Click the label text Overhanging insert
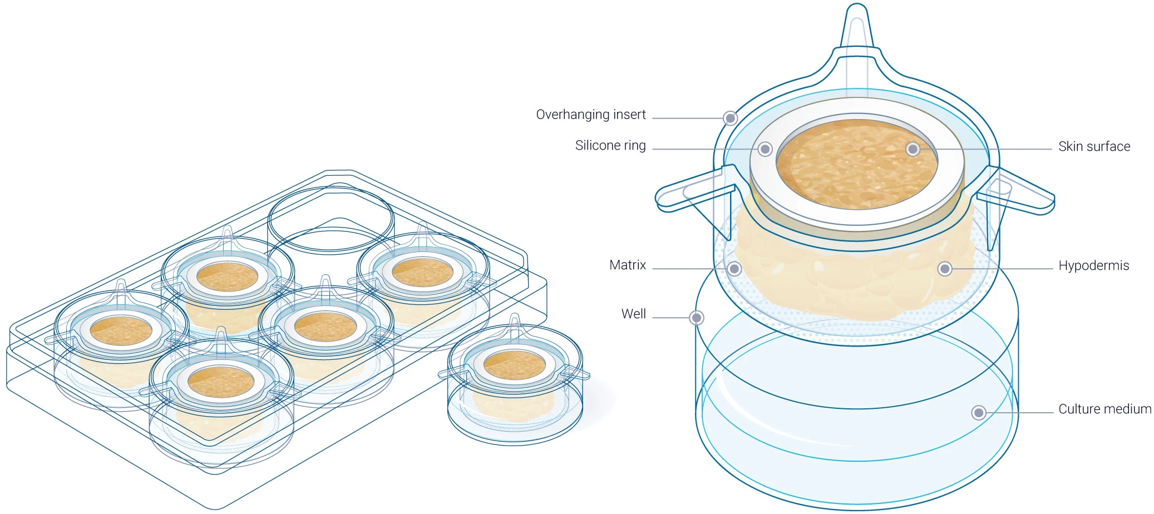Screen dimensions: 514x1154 coord(590,115)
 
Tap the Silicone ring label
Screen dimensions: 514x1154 coord(610,146)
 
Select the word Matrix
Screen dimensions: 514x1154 coord(627,265)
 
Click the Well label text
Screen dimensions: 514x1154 coord(633,314)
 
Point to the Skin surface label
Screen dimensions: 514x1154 coord(1093,147)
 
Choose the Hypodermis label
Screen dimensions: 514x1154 coord(1093,266)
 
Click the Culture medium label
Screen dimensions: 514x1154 coord(1104,409)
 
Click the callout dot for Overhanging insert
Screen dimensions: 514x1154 coord(730,118)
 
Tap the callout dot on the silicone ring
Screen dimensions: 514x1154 coord(765,149)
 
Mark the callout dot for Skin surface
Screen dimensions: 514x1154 coord(913,149)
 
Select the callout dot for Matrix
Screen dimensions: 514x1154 coord(734,269)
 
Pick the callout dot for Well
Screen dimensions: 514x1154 coord(696,318)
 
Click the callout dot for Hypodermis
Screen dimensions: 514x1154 coord(944,269)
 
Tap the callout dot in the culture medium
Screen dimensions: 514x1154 coord(978,413)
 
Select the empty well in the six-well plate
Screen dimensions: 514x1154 coord(331,220)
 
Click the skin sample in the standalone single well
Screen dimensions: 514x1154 coord(514,365)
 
